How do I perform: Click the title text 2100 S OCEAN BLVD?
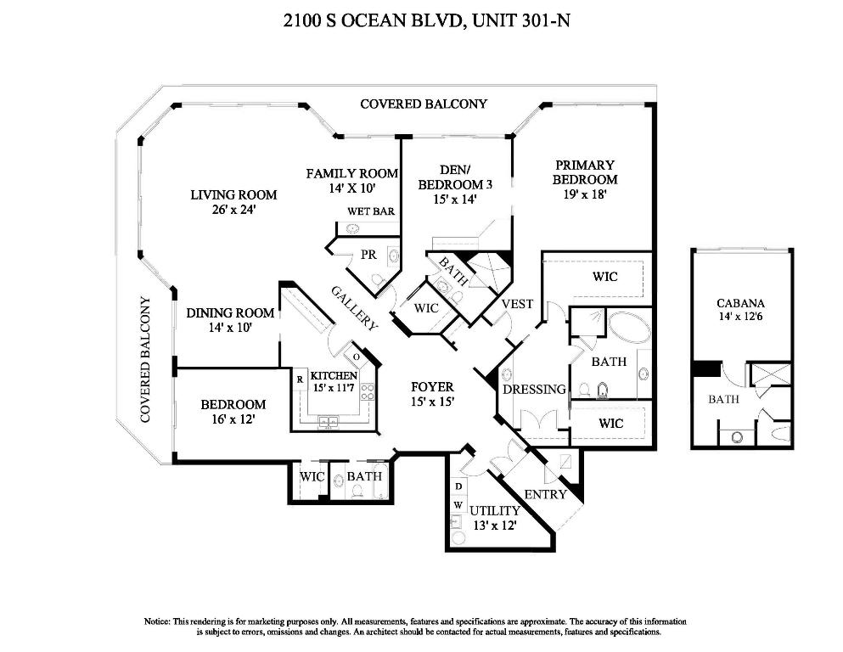pos(374,20)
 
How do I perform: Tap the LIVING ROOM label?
pos(233,194)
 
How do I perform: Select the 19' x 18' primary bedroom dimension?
pos(584,194)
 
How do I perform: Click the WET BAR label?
pos(371,211)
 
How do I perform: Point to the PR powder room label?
pos(368,254)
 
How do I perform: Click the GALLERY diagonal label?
pos(354,306)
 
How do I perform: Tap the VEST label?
pos(517,304)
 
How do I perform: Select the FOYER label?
pos(432,386)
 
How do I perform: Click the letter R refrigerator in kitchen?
pos(301,379)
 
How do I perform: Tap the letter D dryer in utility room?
pos(458,486)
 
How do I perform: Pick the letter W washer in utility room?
pos(458,503)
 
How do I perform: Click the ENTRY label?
pos(545,494)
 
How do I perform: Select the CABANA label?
pos(740,303)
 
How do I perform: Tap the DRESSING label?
pos(534,390)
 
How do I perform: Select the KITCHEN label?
pos(334,374)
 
